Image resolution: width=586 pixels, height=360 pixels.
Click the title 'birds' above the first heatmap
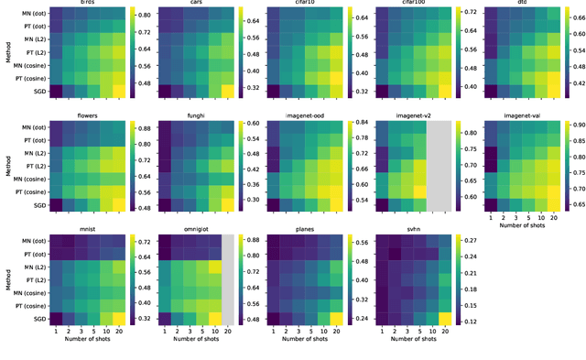coord(88,5)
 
